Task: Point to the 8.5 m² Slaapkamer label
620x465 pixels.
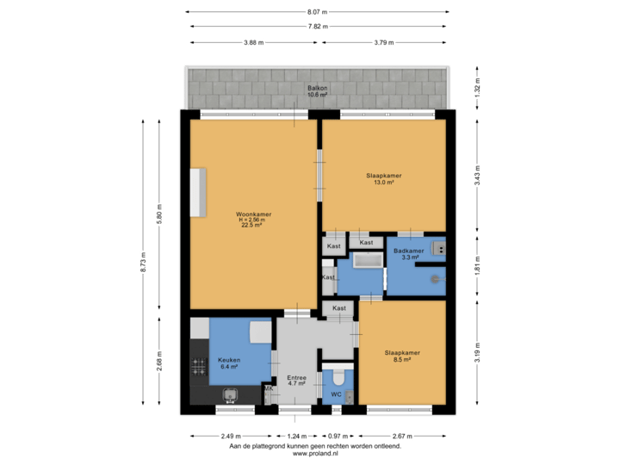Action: click(x=402, y=356)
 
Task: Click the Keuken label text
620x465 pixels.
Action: click(x=228, y=363)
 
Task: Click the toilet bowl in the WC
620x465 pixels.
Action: click(x=338, y=377)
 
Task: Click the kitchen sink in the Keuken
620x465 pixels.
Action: click(x=230, y=394)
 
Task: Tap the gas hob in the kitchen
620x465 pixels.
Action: click(x=199, y=366)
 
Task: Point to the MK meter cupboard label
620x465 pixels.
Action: click(x=268, y=389)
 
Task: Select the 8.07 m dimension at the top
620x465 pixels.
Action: click(x=318, y=12)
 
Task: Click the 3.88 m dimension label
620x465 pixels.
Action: click(x=253, y=41)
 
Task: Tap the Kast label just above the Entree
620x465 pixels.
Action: click(x=339, y=307)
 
